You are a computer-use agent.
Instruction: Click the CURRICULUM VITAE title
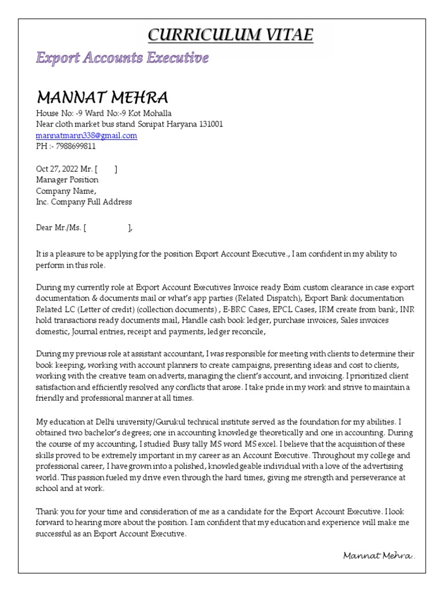230,35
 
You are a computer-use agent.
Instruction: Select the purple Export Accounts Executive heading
122,58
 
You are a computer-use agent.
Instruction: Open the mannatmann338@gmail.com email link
86,135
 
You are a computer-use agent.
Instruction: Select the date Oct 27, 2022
60,169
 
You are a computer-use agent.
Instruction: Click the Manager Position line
67,180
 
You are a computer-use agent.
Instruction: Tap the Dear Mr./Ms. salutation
60,228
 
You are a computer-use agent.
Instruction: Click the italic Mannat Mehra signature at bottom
379,556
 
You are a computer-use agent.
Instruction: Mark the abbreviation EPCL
277,309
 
